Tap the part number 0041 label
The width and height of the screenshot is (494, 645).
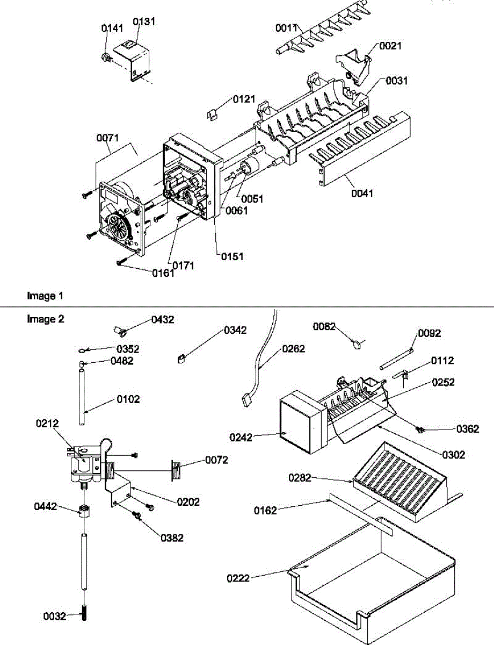click(362, 192)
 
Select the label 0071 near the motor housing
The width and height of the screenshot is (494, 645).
click(107, 139)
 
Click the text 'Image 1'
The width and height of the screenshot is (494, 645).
click(45, 296)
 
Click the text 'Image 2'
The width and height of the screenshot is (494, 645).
click(45, 319)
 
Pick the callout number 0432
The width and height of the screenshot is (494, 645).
click(163, 319)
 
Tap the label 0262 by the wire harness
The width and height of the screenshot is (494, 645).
click(293, 349)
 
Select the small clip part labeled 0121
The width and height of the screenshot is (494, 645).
click(212, 114)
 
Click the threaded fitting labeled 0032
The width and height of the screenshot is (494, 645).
click(84, 613)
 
